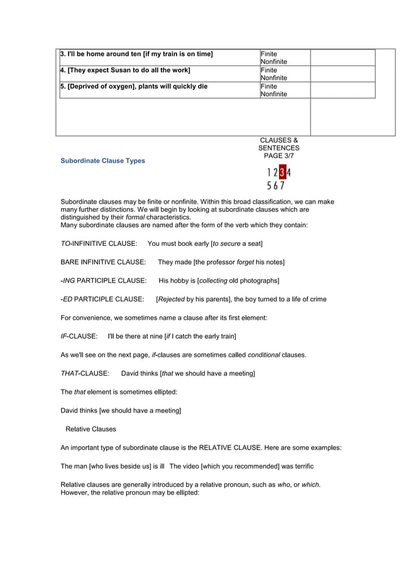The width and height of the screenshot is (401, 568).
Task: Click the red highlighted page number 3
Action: point(282,172)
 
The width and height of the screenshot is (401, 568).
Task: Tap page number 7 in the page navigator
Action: point(282,185)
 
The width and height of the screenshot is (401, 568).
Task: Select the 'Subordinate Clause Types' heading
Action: point(102,161)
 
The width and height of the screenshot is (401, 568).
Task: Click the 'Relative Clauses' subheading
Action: point(91,430)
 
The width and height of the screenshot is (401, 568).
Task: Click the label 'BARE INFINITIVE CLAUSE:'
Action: point(103,262)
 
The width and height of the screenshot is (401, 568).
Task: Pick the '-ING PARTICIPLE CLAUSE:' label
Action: point(104,281)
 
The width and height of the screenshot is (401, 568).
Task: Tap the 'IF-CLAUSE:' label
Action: point(79,337)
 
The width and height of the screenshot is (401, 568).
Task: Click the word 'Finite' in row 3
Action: point(269,54)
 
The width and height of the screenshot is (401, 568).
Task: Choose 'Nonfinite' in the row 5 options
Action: point(274,94)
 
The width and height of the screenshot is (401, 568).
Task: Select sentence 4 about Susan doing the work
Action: point(125,70)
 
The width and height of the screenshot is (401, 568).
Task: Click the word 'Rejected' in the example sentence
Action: point(171,299)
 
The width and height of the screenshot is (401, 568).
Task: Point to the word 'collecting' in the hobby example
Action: point(214,281)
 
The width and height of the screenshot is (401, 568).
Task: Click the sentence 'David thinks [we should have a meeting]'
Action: point(121,411)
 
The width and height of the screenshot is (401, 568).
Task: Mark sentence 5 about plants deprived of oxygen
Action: point(134,87)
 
